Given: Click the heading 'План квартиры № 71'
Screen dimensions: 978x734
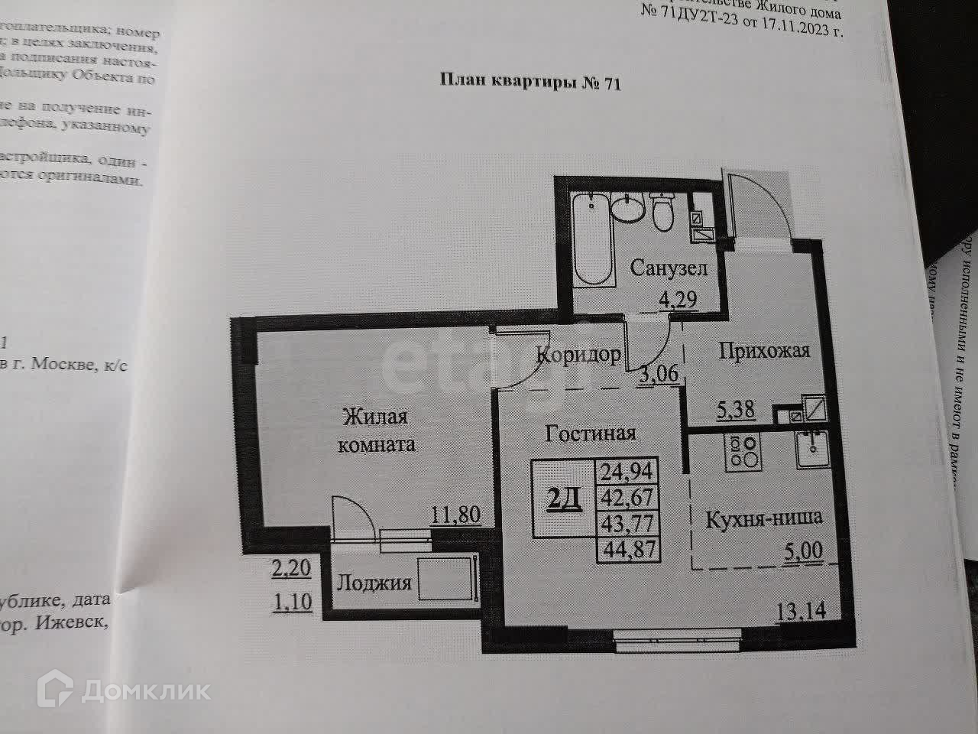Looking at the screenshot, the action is pos(531,83).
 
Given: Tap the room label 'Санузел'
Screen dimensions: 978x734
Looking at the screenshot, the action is pos(669,268).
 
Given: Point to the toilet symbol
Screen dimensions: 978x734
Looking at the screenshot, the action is pos(662,210).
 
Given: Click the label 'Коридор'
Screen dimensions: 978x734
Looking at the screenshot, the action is pos(578,356).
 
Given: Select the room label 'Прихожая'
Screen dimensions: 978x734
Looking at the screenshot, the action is pos(765,351).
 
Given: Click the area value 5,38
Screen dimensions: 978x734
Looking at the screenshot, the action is pos(736,411).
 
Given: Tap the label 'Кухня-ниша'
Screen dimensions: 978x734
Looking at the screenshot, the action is pos(763,518).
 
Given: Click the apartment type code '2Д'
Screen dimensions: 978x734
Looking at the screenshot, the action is pos(565,499).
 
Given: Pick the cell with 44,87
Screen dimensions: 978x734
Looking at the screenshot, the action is pos(630,547).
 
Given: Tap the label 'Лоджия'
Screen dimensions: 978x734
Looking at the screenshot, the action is pos(374,583).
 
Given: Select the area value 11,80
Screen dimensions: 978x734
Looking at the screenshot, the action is pos(455,514).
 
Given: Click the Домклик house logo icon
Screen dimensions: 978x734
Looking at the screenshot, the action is pos(61,690).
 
